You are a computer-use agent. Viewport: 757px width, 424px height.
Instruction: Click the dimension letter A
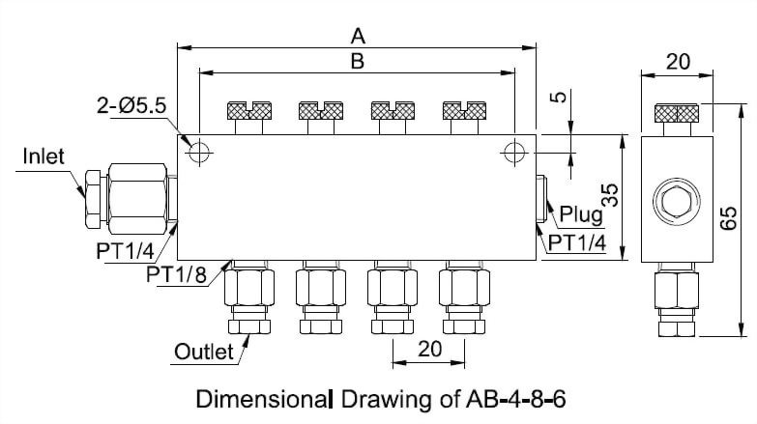click(x=358, y=36)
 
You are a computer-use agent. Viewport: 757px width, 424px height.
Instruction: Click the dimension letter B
click(x=357, y=61)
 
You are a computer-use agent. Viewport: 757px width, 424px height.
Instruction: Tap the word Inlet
click(x=44, y=156)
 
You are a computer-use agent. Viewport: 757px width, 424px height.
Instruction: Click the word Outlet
click(x=204, y=351)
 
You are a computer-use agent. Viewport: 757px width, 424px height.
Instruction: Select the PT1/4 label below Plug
click(x=577, y=243)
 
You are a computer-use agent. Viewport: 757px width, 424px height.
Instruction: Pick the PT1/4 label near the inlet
click(x=126, y=251)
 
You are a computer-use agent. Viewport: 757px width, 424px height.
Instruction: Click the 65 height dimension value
click(x=731, y=220)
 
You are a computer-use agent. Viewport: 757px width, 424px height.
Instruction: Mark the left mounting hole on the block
click(x=199, y=152)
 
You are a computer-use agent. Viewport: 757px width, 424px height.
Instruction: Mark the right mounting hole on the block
click(x=513, y=152)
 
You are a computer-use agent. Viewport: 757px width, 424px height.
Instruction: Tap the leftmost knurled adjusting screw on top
click(x=249, y=111)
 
